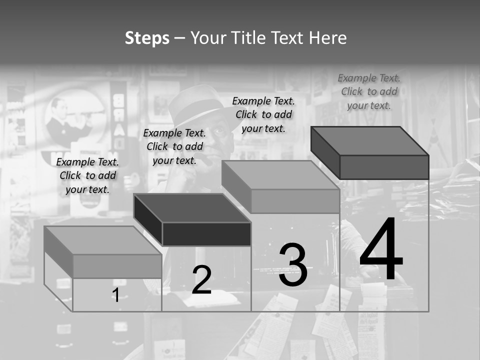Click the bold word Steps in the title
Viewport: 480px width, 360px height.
pyautogui.click(x=147, y=38)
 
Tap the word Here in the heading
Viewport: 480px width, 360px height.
pyautogui.click(x=327, y=38)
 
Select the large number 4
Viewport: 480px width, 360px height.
pyautogui.click(x=381, y=250)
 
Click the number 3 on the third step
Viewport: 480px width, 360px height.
pyautogui.click(x=293, y=265)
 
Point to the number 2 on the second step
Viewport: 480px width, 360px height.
pyautogui.click(x=201, y=280)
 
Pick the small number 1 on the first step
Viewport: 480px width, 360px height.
pyautogui.click(x=115, y=295)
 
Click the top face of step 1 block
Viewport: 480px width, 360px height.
pyautogui.click(x=102, y=240)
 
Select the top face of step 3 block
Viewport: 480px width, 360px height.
pyautogui.click(x=280, y=175)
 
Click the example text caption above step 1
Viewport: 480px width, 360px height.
pyautogui.click(x=87, y=175)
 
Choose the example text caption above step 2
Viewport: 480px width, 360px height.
pyautogui.click(x=174, y=146)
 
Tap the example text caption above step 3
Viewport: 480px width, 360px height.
pyautogui.click(x=263, y=114)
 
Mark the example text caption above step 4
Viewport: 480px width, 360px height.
pyautogui.click(x=369, y=91)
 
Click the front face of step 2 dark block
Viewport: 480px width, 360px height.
pyautogui.click(x=206, y=234)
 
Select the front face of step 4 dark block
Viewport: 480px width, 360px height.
pyautogui.click(x=384, y=167)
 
